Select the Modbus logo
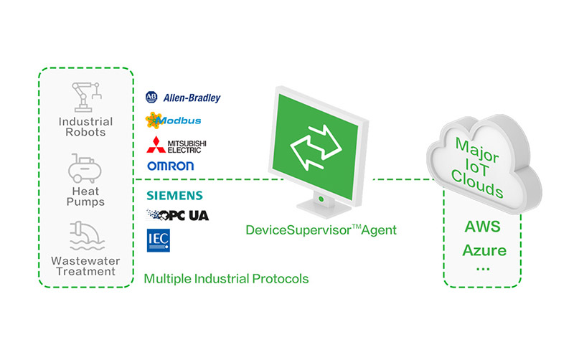coord(173,120)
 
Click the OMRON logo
coord(170,166)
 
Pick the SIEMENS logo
coord(174,195)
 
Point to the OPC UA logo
coord(177,214)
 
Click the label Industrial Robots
coord(85,127)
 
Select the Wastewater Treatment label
coord(85,266)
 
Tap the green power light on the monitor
coord(320,196)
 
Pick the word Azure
coord(484,250)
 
